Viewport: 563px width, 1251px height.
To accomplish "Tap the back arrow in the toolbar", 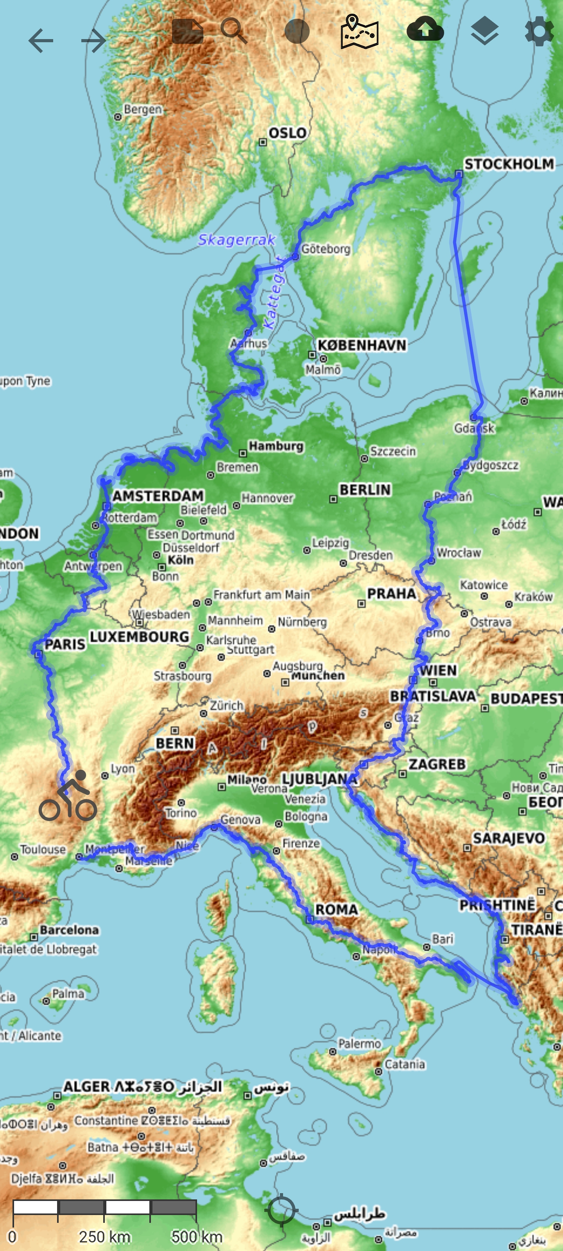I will [41, 40].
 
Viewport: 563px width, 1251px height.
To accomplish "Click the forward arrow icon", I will [94, 40].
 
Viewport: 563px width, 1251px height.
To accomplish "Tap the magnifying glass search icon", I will [234, 31].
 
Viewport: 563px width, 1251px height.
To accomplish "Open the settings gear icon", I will [539, 31].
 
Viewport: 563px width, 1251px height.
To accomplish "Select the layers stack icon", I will [484, 31].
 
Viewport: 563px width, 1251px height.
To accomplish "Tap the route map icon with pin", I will [359, 32].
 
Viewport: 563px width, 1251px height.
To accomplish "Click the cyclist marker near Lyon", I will [68, 796].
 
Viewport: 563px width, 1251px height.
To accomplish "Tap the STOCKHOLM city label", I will [509, 164].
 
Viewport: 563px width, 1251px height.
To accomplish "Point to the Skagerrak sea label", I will [237, 239].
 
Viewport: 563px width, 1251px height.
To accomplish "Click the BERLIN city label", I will [365, 489].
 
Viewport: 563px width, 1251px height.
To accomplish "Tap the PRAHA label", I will [391, 593].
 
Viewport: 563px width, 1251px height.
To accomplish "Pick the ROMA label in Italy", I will [336, 909].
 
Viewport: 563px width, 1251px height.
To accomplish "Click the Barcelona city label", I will [70, 930].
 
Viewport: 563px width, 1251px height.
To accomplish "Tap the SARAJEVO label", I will [509, 838].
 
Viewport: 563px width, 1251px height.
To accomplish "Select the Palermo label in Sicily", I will [359, 1044].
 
